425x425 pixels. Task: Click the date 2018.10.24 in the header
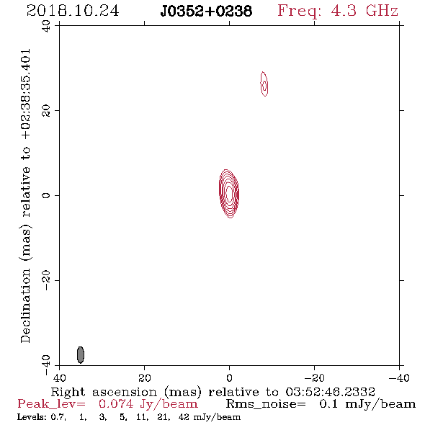(x=73, y=11)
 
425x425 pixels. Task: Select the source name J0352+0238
(x=206, y=12)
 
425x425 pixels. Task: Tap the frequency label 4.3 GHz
(x=364, y=11)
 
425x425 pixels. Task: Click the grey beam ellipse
(x=81, y=354)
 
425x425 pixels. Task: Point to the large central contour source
(x=229, y=194)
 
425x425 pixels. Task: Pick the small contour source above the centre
(x=264, y=84)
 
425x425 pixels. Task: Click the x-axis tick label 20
(x=144, y=377)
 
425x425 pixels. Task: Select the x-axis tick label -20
(x=314, y=377)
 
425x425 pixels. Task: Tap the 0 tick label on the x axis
(x=229, y=377)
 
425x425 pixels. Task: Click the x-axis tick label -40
(x=399, y=377)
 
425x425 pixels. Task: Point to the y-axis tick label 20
(x=46, y=111)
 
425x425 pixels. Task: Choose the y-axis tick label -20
(x=46, y=280)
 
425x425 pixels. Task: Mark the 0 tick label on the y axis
(x=46, y=195)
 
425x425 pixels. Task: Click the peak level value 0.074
(x=116, y=404)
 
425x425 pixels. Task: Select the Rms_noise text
(x=266, y=404)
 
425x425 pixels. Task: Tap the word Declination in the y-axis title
(x=25, y=305)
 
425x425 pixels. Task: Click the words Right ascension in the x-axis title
(x=104, y=392)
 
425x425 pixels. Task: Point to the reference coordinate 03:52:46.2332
(x=330, y=392)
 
